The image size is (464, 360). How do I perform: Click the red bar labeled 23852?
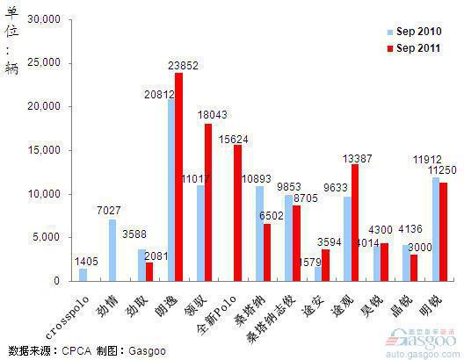tap(179, 176)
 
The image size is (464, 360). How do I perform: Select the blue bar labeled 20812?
tap(171, 190)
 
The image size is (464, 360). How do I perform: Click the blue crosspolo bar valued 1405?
tap(83, 275)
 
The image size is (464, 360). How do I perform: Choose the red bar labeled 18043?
tap(208, 202)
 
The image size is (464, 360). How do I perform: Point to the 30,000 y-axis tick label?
tap(41, 19)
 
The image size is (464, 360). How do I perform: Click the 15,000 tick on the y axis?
tap(41, 150)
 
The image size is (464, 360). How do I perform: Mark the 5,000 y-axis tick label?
tap(45, 237)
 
